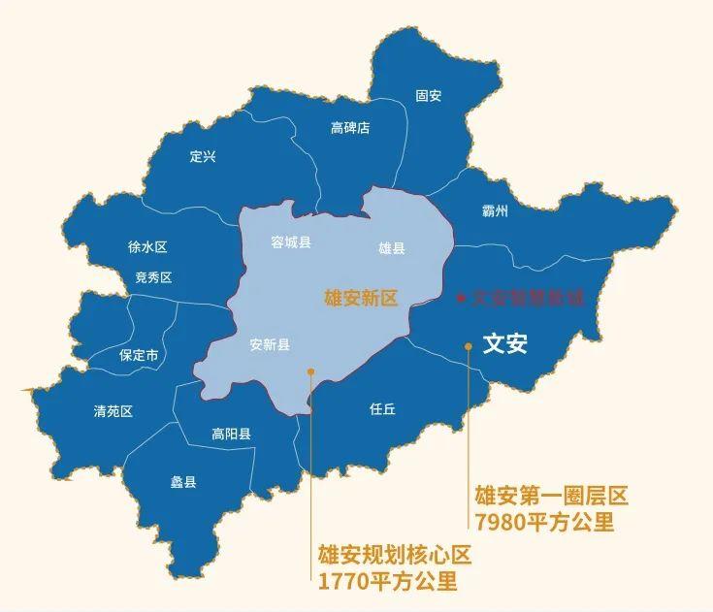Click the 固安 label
[428, 96]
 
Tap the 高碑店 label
[350, 128]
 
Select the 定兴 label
[203, 156]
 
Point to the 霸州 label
[495, 210]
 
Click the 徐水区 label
[147, 247]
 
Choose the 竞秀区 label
[153, 277]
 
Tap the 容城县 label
[291, 242]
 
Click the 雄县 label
[392, 248]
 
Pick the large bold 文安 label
[504, 343]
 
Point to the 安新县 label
[270, 344]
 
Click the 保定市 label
[139, 355]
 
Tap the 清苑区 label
[113, 411]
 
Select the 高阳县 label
[231, 435]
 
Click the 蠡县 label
[183, 481]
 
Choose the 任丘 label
[383, 409]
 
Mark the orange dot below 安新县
[310, 370]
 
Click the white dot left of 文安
[469, 344]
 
